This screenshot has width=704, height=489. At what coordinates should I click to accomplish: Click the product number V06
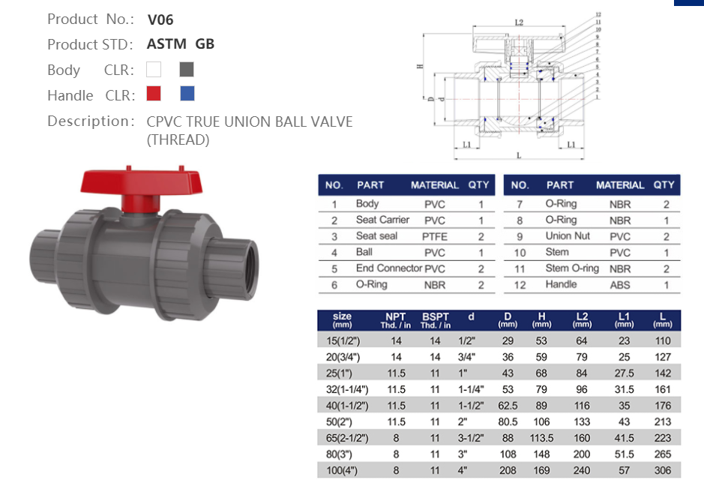pyautogui.click(x=160, y=20)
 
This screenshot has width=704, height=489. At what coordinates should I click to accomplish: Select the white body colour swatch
pyautogui.click(x=154, y=70)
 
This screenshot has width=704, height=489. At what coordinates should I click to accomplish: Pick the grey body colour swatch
pyautogui.click(x=187, y=70)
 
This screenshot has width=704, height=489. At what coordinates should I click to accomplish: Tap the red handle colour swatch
pyautogui.click(x=154, y=94)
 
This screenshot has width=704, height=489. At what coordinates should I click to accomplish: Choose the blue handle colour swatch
pyautogui.click(x=187, y=94)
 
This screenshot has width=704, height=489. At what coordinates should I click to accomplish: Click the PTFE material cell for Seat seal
pyautogui.click(x=435, y=236)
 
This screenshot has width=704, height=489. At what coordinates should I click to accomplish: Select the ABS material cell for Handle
pyautogui.click(x=620, y=285)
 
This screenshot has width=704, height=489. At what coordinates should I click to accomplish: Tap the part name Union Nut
pyautogui.click(x=568, y=236)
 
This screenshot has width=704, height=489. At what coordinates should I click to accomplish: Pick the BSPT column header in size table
pyautogui.click(x=435, y=320)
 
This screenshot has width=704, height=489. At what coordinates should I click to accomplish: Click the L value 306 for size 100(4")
pyautogui.click(x=662, y=471)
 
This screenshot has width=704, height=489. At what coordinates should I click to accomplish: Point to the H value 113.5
pyautogui.click(x=541, y=438)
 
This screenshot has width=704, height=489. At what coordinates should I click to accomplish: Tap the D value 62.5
pyautogui.click(x=508, y=406)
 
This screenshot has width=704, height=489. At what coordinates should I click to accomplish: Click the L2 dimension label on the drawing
pyautogui.click(x=519, y=23)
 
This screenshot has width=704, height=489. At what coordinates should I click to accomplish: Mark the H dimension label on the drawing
pyautogui.click(x=421, y=67)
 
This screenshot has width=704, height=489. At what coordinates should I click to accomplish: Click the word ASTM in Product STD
pyautogui.click(x=167, y=44)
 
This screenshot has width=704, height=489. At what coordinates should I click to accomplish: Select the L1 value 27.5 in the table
pyautogui.click(x=624, y=373)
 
